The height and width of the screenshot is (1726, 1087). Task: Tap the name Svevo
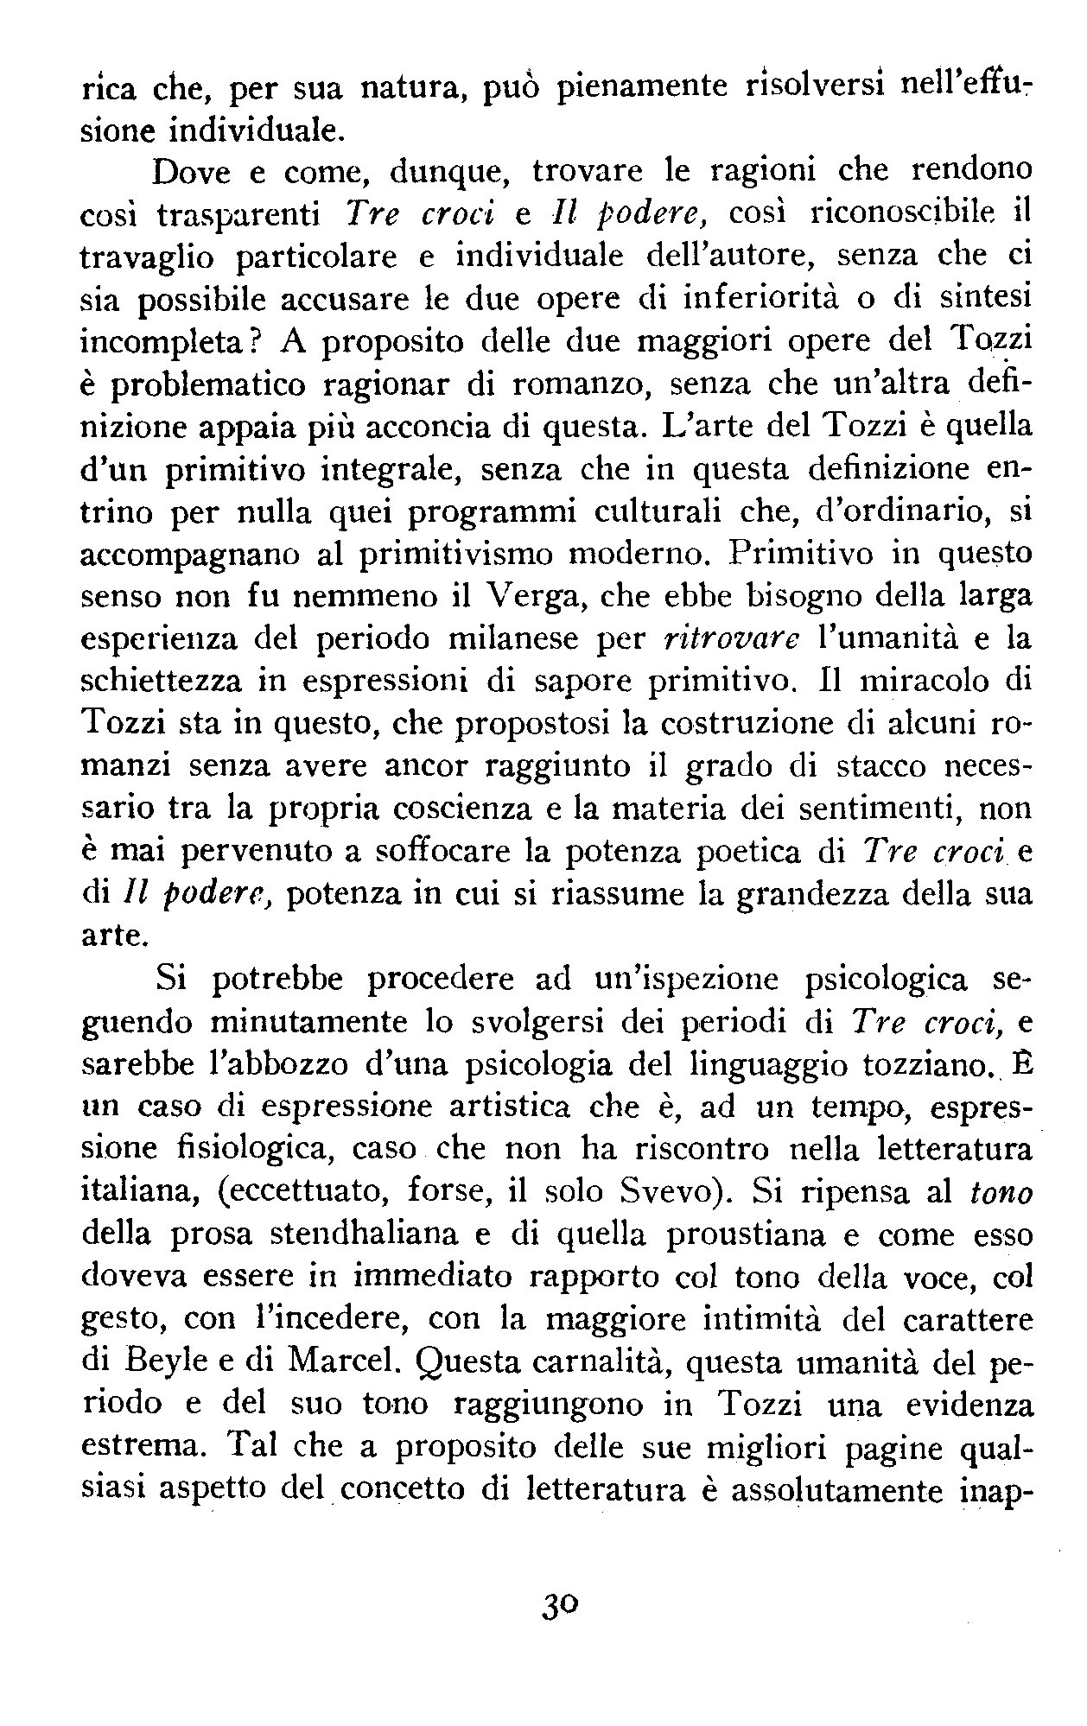681,1193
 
